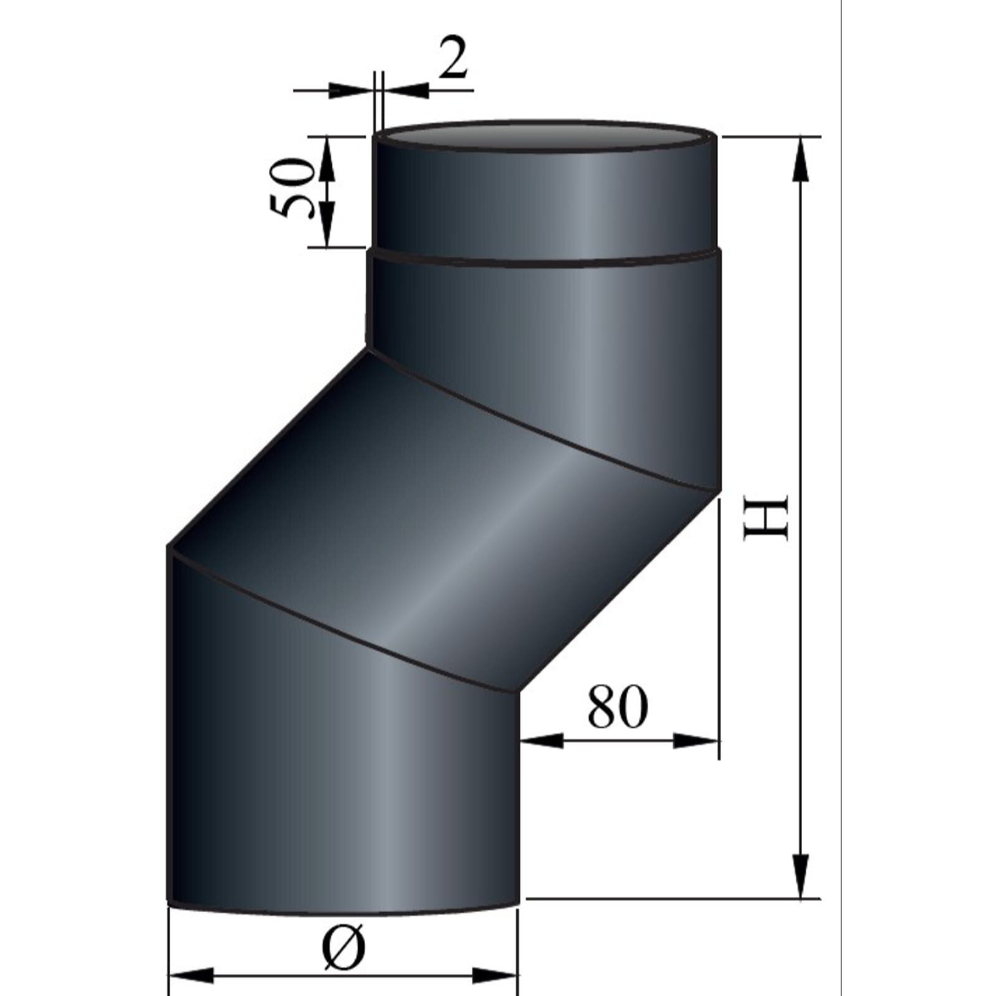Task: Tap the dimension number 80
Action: [617, 707]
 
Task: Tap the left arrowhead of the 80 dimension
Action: [542, 741]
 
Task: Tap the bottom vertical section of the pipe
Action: [342, 778]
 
